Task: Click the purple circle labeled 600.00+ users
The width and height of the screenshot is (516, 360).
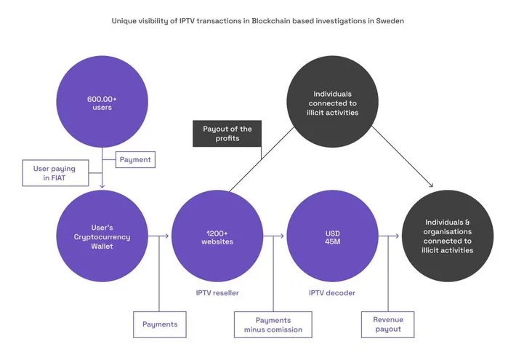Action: point(102,103)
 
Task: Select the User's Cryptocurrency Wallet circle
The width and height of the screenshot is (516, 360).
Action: point(102,236)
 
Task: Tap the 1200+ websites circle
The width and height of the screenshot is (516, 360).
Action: point(216,236)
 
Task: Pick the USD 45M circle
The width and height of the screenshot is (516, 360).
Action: point(332,236)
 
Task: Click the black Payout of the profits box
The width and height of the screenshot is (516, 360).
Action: point(227,133)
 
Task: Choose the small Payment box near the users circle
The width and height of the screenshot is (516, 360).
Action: point(135,159)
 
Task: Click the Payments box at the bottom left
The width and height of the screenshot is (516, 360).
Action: point(160,324)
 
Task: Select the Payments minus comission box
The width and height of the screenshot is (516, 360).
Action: point(273,324)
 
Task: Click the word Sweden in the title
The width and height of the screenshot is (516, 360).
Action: point(390,21)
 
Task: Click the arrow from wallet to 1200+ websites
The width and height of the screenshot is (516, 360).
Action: point(161,236)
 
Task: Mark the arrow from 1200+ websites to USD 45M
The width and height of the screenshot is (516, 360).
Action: point(274,236)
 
